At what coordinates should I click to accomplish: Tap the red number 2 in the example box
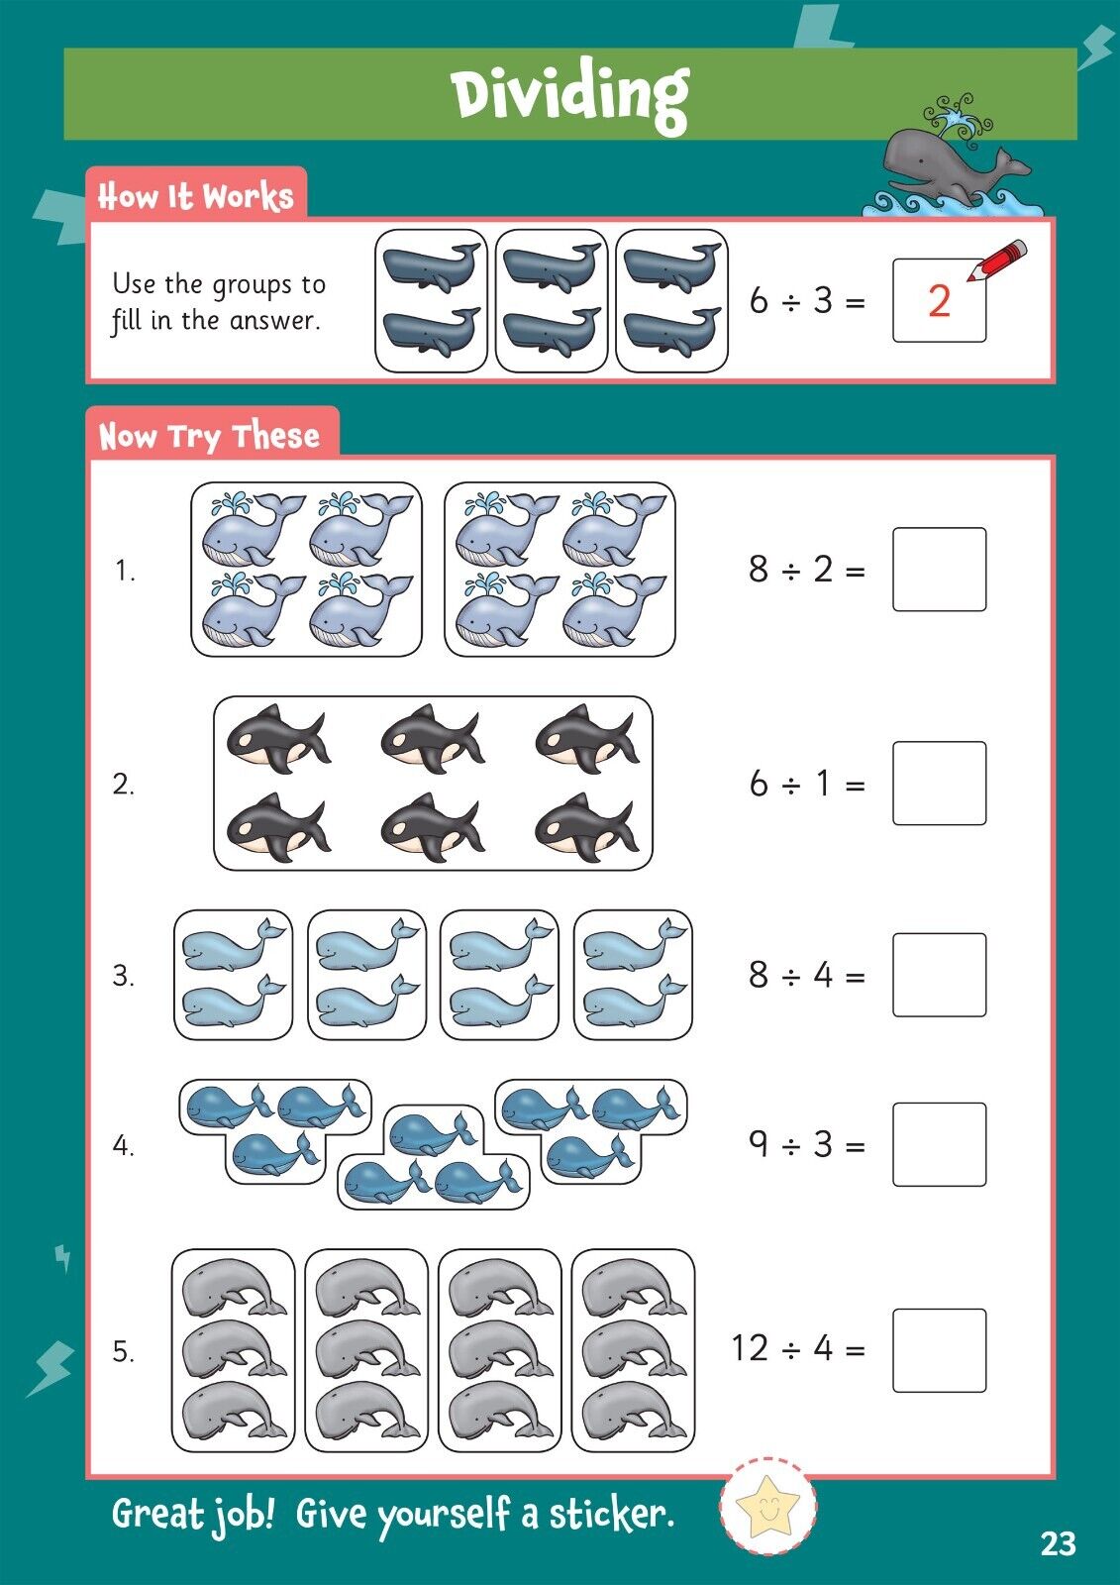coord(938,301)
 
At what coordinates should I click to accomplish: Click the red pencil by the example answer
coord(997,261)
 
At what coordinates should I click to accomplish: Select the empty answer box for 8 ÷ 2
coord(939,570)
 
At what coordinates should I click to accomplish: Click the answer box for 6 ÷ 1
coord(939,784)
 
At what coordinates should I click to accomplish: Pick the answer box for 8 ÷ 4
coord(939,975)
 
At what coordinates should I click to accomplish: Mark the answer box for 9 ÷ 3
coord(939,1144)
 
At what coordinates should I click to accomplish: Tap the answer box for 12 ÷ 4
coord(939,1351)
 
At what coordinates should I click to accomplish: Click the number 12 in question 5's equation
coord(750,1348)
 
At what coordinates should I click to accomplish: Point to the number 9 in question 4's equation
coord(759,1143)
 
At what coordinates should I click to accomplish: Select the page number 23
coord(1058,1544)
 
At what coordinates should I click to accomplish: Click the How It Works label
coord(195,197)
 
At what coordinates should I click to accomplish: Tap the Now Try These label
coord(209,436)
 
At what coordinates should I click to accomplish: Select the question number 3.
coord(123,976)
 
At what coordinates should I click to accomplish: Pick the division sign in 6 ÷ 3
coord(791,302)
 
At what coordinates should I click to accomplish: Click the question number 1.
coord(125,571)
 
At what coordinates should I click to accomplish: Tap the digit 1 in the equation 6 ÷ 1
coord(821,784)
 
